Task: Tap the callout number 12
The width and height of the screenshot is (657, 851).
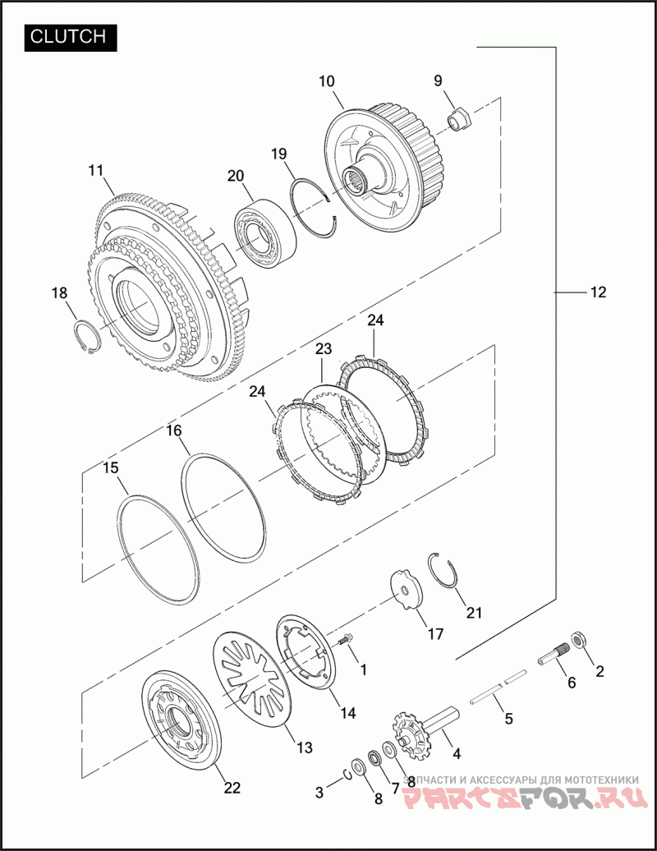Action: click(597, 292)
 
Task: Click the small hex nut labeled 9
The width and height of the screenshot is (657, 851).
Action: click(461, 118)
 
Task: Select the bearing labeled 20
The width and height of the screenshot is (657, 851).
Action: click(264, 234)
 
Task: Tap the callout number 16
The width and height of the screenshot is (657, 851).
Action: click(173, 431)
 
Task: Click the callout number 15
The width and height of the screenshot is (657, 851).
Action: click(111, 468)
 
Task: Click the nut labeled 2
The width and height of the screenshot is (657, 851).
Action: click(578, 639)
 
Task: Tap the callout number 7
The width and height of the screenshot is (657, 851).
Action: click(394, 786)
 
